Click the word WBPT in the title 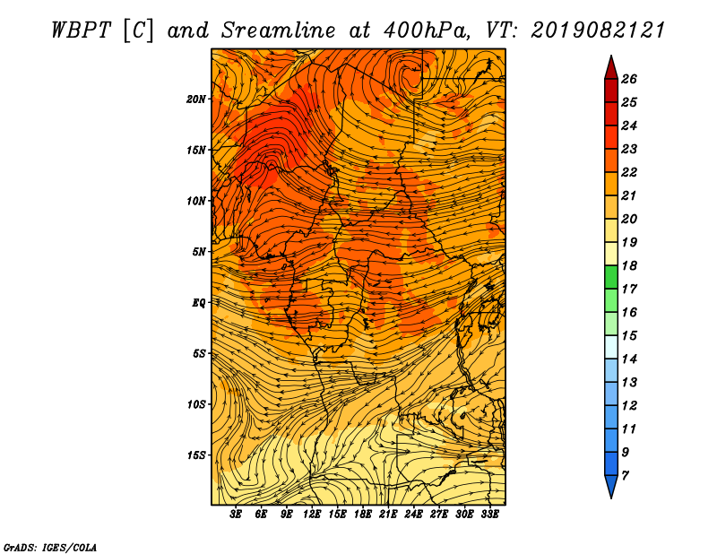(x=81, y=30)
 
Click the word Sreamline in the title (x=278, y=30)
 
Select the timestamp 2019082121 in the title (x=597, y=30)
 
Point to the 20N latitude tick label (x=196, y=100)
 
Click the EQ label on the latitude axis (x=199, y=303)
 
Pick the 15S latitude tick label (x=196, y=455)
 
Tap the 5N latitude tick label (x=199, y=252)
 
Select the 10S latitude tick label (x=196, y=404)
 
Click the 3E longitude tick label (x=236, y=514)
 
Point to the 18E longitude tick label (x=363, y=514)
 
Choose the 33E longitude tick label (x=489, y=514)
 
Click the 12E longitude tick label (x=312, y=514)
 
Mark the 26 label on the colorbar (x=629, y=79)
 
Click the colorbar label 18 (x=629, y=265)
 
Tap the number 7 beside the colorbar (x=625, y=476)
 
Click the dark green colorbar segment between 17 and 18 (x=611, y=277)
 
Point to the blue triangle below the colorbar (x=611, y=486)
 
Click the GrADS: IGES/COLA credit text (x=50, y=547)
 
